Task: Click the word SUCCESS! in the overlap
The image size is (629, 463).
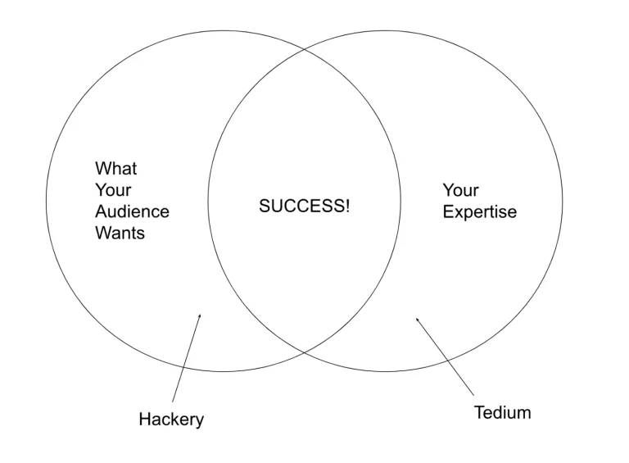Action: tap(304, 207)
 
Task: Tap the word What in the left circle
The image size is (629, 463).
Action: tap(116, 169)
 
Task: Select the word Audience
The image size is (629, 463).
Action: tap(132, 211)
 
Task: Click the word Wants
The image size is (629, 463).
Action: tap(120, 233)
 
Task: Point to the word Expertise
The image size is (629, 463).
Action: tap(480, 212)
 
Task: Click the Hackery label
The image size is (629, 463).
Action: tap(171, 420)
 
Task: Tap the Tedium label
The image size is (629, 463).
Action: tap(502, 412)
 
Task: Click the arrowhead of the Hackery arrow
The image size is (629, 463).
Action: tap(199, 315)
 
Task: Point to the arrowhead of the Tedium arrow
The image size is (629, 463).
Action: tap(417, 319)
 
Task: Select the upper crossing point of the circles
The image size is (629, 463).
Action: tap(305, 50)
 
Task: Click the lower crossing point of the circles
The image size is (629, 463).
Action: tap(305, 352)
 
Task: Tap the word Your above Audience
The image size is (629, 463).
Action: tap(113, 190)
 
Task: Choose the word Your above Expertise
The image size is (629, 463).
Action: tap(460, 190)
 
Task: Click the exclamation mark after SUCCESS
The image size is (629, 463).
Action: tap(346, 207)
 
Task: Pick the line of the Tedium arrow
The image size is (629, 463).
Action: tap(446, 355)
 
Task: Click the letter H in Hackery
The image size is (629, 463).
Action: tap(144, 420)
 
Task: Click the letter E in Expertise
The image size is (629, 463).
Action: tap(448, 212)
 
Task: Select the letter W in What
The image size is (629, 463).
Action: tap(102, 169)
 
